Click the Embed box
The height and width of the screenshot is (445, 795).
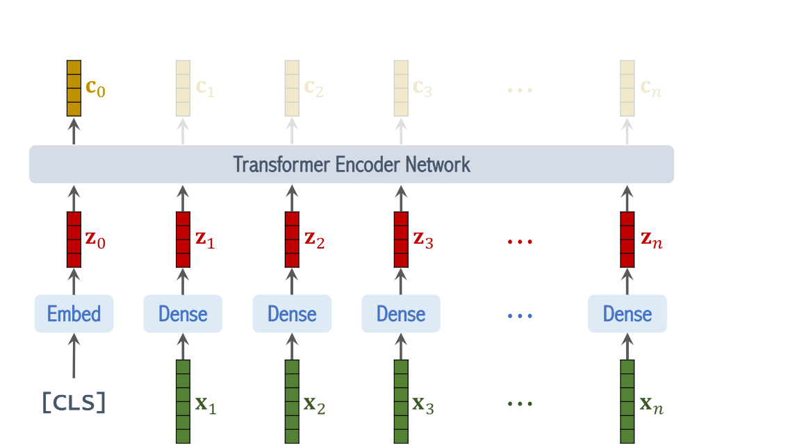pyautogui.click(x=74, y=314)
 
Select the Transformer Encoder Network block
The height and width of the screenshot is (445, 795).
pyautogui.click(x=352, y=165)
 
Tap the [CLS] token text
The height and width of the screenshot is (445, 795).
pyautogui.click(x=74, y=403)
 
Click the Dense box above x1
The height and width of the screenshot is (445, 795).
pyautogui.click(x=183, y=314)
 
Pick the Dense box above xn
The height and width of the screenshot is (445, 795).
pyautogui.click(x=627, y=314)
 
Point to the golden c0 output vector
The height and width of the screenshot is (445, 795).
pyautogui.click(x=74, y=88)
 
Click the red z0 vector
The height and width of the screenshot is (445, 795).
pyautogui.click(x=74, y=240)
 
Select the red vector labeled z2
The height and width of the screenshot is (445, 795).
pyautogui.click(x=292, y=240)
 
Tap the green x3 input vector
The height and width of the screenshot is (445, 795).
pyautogui.click(x=401, y=401)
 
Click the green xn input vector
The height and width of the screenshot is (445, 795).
pyautogui.click(x=628, y=401)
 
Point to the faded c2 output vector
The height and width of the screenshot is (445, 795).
pyautogui.click(x=292, y=88)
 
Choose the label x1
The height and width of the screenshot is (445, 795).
pyautogui.click(x=206, y=405)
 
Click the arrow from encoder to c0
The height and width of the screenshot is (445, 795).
pyautogui.click(x=74, y=131)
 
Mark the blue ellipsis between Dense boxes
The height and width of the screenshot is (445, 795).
pyautogui.click(x=519, y=315)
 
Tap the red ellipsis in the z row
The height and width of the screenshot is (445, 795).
pyautogui.click(x=519, y=242)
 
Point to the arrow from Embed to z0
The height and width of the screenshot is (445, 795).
pyautogui.click(x=74, y=281)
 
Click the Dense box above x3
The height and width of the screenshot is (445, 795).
pyautogui.click(x=401, y=314)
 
